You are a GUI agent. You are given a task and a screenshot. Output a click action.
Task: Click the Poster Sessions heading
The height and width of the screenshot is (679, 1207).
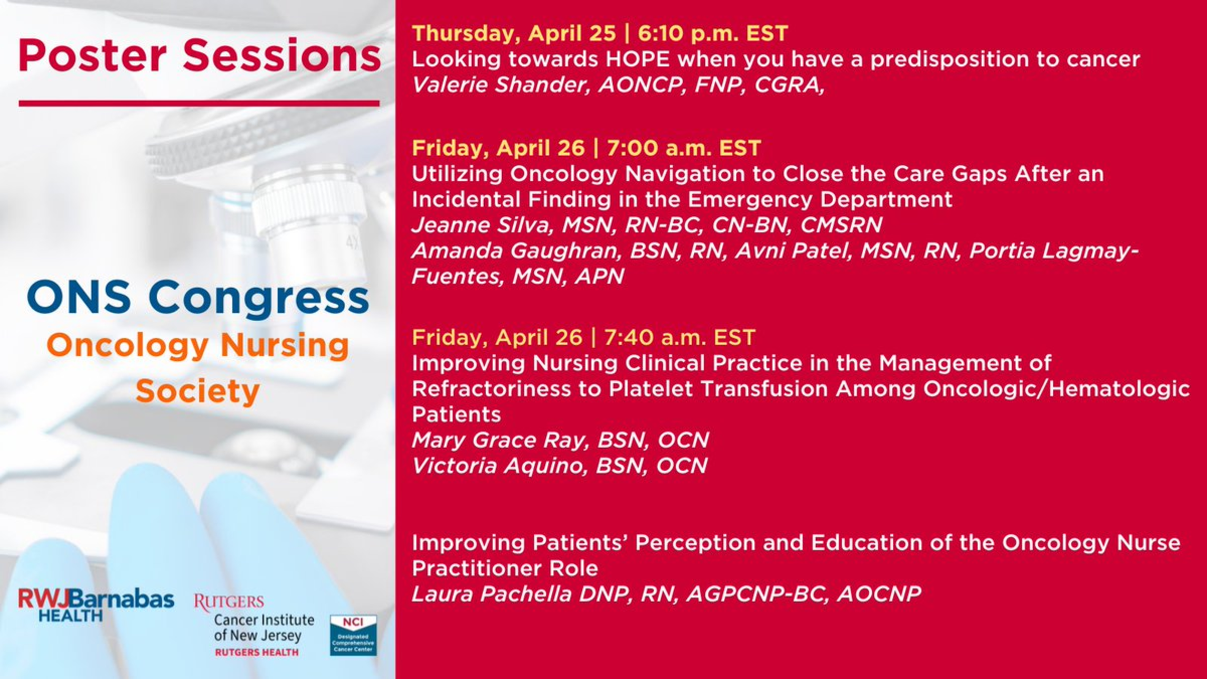pyautogui.click(x=199, y=55)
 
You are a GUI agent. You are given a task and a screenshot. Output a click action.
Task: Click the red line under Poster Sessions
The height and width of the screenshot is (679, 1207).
pyautogui.click(x=199, y=103)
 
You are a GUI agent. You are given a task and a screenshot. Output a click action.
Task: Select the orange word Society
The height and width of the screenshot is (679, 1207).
pyautogui.click(x=197, y=391)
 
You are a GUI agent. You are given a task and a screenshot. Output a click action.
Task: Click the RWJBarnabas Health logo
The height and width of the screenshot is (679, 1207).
pyautogui.click(x=96, y=605)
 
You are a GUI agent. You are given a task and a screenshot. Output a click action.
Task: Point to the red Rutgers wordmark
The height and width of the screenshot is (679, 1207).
pyautogui.click(x=229, y=602)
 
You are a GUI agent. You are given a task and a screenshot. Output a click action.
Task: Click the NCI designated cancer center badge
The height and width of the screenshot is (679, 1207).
pyautogui.click(x=353, y=635)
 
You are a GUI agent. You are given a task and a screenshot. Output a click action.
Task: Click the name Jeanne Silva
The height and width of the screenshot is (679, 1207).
pyautogui.click(x=482, y=225)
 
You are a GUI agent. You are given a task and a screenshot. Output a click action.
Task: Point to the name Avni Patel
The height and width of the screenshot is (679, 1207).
pyautogui.click(x=791, y=251)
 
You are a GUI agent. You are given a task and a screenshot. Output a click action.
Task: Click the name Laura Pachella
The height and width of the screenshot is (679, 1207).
pyautogui.click(x=492, y=594)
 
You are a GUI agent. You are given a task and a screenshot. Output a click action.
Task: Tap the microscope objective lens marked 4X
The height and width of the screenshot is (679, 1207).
pyautogui.click(x=312, y=227)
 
